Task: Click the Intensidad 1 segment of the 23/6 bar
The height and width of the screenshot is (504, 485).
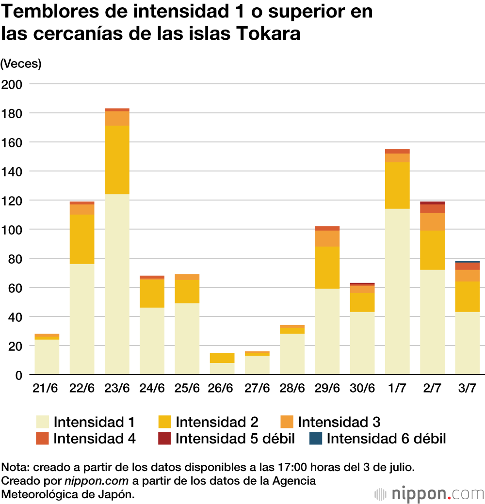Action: tap(117, 284)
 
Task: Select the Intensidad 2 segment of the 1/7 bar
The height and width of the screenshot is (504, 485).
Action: tap(397, 186)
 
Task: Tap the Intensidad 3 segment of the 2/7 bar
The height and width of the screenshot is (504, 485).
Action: tap(433, 221)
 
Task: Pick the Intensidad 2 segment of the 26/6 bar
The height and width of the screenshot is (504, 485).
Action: tap(222, 358)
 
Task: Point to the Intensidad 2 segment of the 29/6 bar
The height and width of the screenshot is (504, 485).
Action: tap(327, 268)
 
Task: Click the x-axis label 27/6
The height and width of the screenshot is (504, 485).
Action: tap(257, 388)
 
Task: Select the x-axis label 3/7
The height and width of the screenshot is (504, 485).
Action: tap(468, 388)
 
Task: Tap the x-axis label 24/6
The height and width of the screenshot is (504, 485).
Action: tap(152, 388)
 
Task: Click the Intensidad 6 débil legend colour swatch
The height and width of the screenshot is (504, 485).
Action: tap(315, 439)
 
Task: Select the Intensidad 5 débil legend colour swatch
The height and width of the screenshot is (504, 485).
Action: tap(164, 439)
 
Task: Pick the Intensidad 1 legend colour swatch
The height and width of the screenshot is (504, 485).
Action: tap(42, 422)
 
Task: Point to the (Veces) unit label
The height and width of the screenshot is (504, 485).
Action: tap(21, 63)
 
